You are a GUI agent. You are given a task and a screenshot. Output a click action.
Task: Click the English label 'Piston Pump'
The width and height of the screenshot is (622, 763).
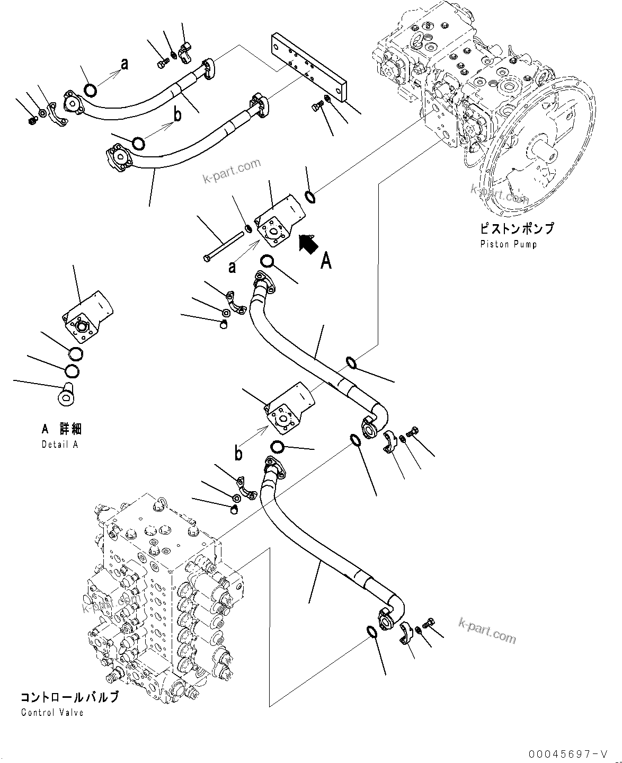[x=508, y=244]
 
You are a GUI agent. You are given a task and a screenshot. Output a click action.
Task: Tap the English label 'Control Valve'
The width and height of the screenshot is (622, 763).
[x=52, y=713]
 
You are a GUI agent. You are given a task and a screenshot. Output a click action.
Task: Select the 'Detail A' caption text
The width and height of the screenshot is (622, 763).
[x=60, y=444]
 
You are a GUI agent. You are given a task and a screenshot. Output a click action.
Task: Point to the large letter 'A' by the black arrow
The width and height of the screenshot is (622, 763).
[x=326, y=261]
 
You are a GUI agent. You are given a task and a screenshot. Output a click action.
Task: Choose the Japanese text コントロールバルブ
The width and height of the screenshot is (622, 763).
[x=69, y=697]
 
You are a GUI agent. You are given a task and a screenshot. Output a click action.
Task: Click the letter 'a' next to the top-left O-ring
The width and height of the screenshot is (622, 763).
[x=125, y=65]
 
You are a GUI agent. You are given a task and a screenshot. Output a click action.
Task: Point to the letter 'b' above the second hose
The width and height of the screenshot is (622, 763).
[x=177, y=113]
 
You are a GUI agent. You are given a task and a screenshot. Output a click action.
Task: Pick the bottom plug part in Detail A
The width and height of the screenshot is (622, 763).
[x=66, y=395]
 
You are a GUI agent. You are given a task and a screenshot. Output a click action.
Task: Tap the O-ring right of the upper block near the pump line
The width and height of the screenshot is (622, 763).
[x=311, y=197]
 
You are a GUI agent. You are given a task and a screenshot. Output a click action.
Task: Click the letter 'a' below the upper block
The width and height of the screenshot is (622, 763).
[x=232, y=267]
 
